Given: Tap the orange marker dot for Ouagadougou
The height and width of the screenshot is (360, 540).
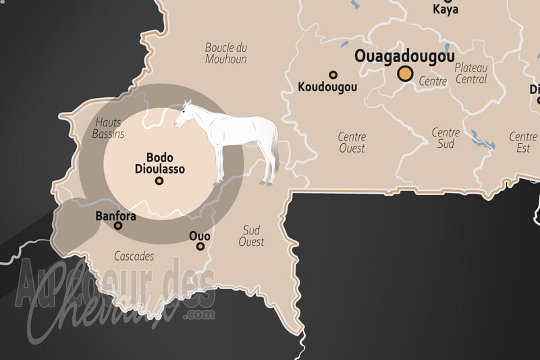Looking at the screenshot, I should click(405, 74).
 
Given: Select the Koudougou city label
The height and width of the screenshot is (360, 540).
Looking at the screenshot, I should click(327, 87).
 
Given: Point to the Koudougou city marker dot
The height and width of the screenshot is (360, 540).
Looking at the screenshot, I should click(333, 75).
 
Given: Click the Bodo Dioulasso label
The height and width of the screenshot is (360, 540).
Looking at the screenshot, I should click(159, 163).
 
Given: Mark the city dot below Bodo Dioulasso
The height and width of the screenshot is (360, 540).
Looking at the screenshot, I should click(159, 181).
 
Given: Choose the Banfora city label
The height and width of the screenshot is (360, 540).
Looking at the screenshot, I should click(116, 217).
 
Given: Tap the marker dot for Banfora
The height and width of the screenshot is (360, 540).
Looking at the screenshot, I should click(118, 226).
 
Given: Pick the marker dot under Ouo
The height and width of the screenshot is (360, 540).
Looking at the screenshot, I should click(200, 247).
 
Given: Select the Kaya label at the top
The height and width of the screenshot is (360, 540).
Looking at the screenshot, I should click(446, 10).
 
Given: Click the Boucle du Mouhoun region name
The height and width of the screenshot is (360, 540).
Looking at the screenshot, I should click(226, 53).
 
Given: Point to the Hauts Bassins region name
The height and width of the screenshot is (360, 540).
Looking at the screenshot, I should click(109, 128).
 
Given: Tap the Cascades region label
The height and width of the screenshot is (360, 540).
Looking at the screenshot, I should click(134, 257).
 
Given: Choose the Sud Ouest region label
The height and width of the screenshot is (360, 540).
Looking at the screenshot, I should click(251, 236).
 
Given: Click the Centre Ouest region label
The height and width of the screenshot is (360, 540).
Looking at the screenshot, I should click(352, 143).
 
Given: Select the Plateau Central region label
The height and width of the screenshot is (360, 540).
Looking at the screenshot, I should click(470, 73).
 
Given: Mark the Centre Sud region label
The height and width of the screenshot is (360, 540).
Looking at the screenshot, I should click(446, 138).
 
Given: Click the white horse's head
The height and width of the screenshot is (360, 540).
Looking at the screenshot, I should click(184, 115).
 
